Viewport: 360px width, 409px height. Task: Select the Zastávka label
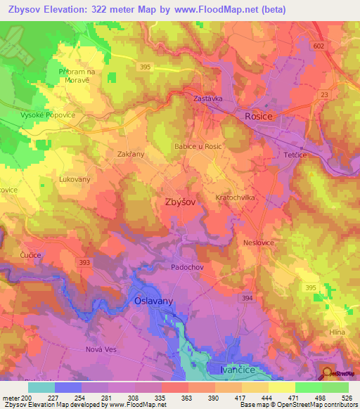tap(208, 99)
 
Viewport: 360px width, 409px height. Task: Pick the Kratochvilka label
tap(236, 198)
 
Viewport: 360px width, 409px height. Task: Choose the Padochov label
tap(187, 268)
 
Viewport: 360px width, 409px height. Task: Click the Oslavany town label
tap(153, 301)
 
